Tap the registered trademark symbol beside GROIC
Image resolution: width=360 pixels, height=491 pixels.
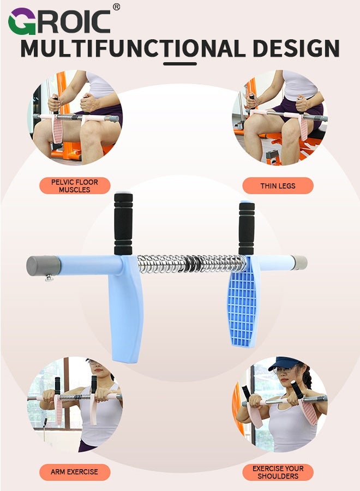click(116, 7)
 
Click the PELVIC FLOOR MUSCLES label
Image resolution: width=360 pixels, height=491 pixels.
click(74, 186)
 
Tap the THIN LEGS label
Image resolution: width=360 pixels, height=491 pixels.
click(278, 186)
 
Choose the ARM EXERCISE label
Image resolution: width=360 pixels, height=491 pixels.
click(74, 472)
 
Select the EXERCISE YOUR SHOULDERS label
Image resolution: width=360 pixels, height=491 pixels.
click(278, 472)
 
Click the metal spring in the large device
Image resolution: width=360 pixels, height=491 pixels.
click(191, 264)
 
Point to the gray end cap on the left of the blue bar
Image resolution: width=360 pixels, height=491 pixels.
click(43, 266)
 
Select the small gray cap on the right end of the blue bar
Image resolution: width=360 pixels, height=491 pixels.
click(299, 262)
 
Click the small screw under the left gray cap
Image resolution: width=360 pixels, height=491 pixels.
click(49, 278)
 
